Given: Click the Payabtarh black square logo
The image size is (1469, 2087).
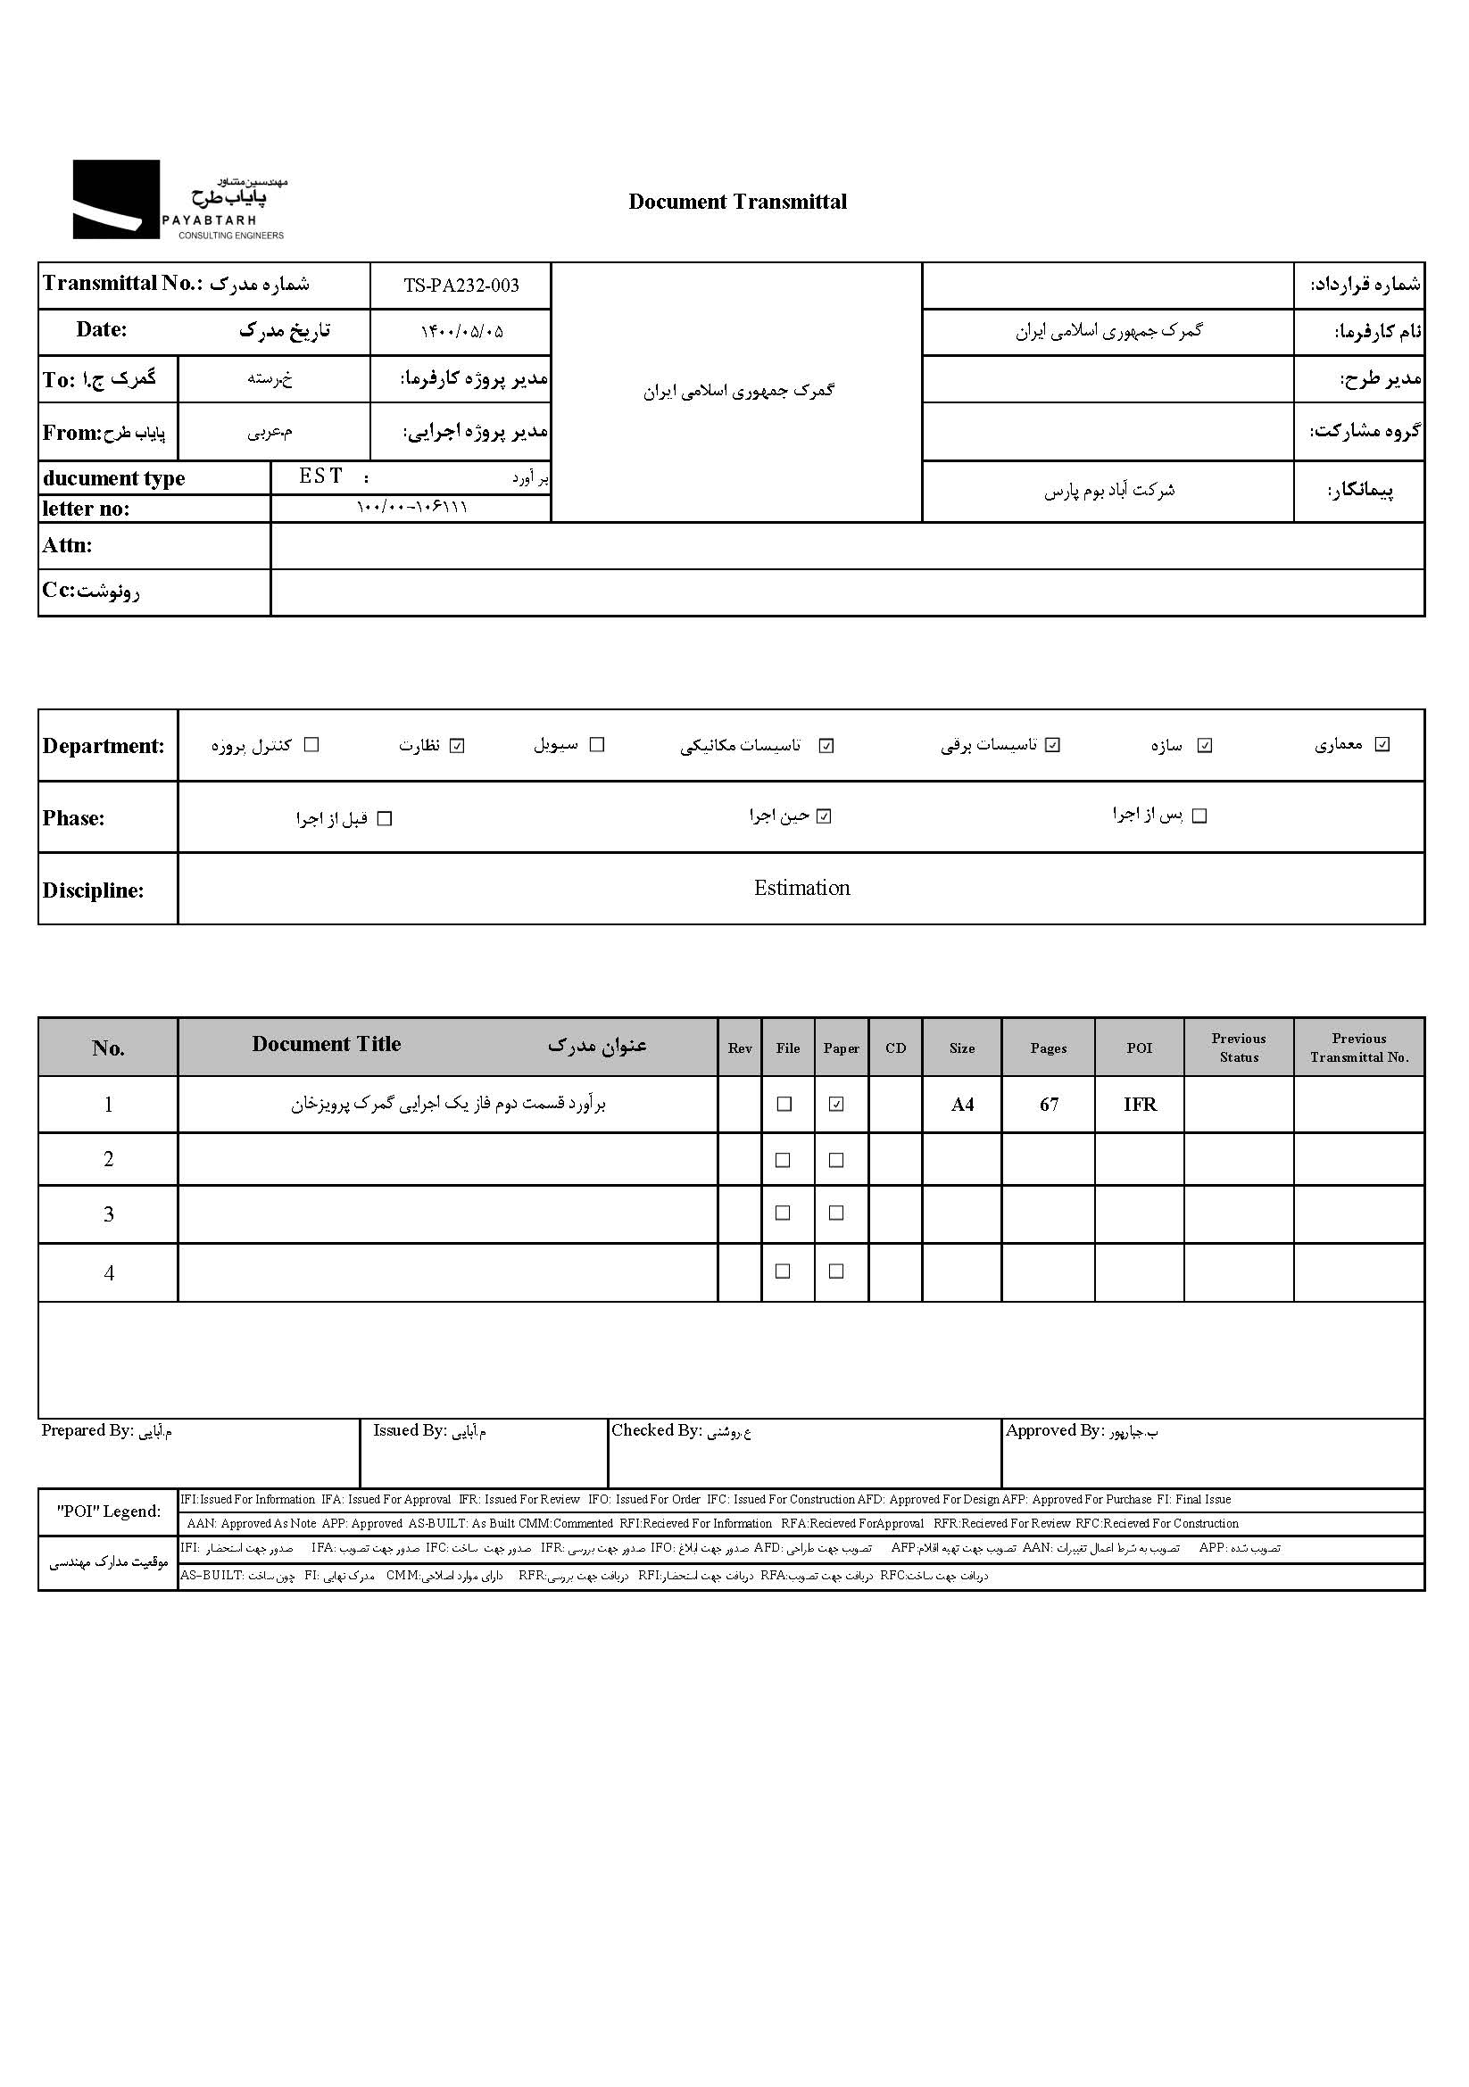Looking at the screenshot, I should pyautogui.click(x=115, y=199).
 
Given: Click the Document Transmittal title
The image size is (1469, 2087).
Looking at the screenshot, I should pyautogui.click(x=737, y=202).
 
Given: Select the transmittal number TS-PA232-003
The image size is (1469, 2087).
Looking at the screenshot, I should pyautogui.click(x=461, y=286).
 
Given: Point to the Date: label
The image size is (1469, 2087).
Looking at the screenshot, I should pyautogui.click(x=101, y=330).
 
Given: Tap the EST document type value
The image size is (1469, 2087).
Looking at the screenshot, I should pyautogui.click(x=321, y=476).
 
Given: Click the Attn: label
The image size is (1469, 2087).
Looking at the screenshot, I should pyautogui.click(x=67, y=545).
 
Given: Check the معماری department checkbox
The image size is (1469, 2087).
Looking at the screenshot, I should pyautogui.click(x=1382, y=744).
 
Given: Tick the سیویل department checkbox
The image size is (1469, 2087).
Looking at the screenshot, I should pyautogui.click(x=596, y=744).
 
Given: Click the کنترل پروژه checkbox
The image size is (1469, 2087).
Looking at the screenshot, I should pyautogui.click(x=311, y=744).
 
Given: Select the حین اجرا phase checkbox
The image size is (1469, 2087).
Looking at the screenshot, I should pyautogui.click(x=824, y=816).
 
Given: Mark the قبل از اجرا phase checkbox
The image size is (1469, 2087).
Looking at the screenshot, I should pyautogui.click(x=385, y=819).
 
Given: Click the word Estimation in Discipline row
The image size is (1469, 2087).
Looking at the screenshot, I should pyautogui.click(x=801, y=888).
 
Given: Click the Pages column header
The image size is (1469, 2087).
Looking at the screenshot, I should pyautogui.click(x=1048, y=1048).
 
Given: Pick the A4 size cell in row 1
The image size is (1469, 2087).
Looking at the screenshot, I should pyautogui.click(x=962, y=1105).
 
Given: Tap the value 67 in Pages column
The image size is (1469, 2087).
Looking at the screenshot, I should pyautogui.click(x=1049, y=1105).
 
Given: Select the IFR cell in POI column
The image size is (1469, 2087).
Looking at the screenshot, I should pyautogui.click(x=1139, y=1105).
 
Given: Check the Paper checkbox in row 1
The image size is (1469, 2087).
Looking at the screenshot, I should pyautogui.click(x=836, y=1105).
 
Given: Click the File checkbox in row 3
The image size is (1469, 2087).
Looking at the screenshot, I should pyautogui.click(x=783, y=1213).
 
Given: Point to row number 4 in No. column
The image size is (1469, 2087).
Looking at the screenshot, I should pyautogui.click(x=108, y=1272).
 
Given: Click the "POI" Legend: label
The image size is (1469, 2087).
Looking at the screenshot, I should pyautogui.click(x=108, y=1511).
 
